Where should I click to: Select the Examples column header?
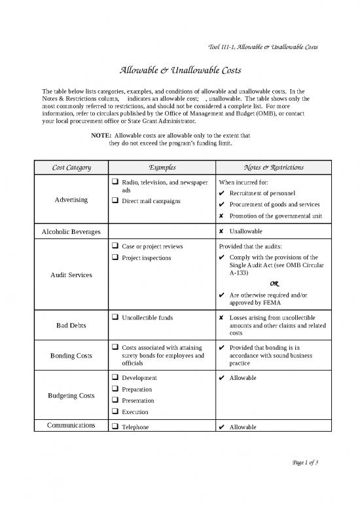pos(162,168)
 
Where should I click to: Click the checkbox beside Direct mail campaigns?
pos(115,200)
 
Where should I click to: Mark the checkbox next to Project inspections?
pos(115,257)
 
